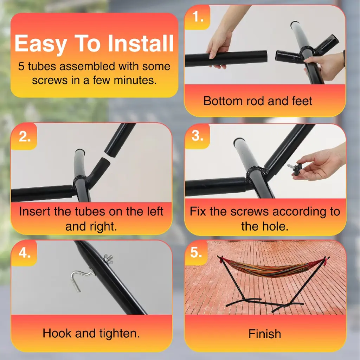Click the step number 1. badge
coord(198,17)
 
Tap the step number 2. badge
coord(24,137)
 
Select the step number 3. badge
coord(198,136)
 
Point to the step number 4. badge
coord(24,253)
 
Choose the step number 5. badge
coord(196,252)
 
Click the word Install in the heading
coord(141,44)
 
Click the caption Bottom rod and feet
coord(258,101)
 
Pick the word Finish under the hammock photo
coord(265,334)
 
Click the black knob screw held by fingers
coord(294,170)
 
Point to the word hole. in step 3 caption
coord(277,226)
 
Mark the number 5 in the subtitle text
coord(21,66)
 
